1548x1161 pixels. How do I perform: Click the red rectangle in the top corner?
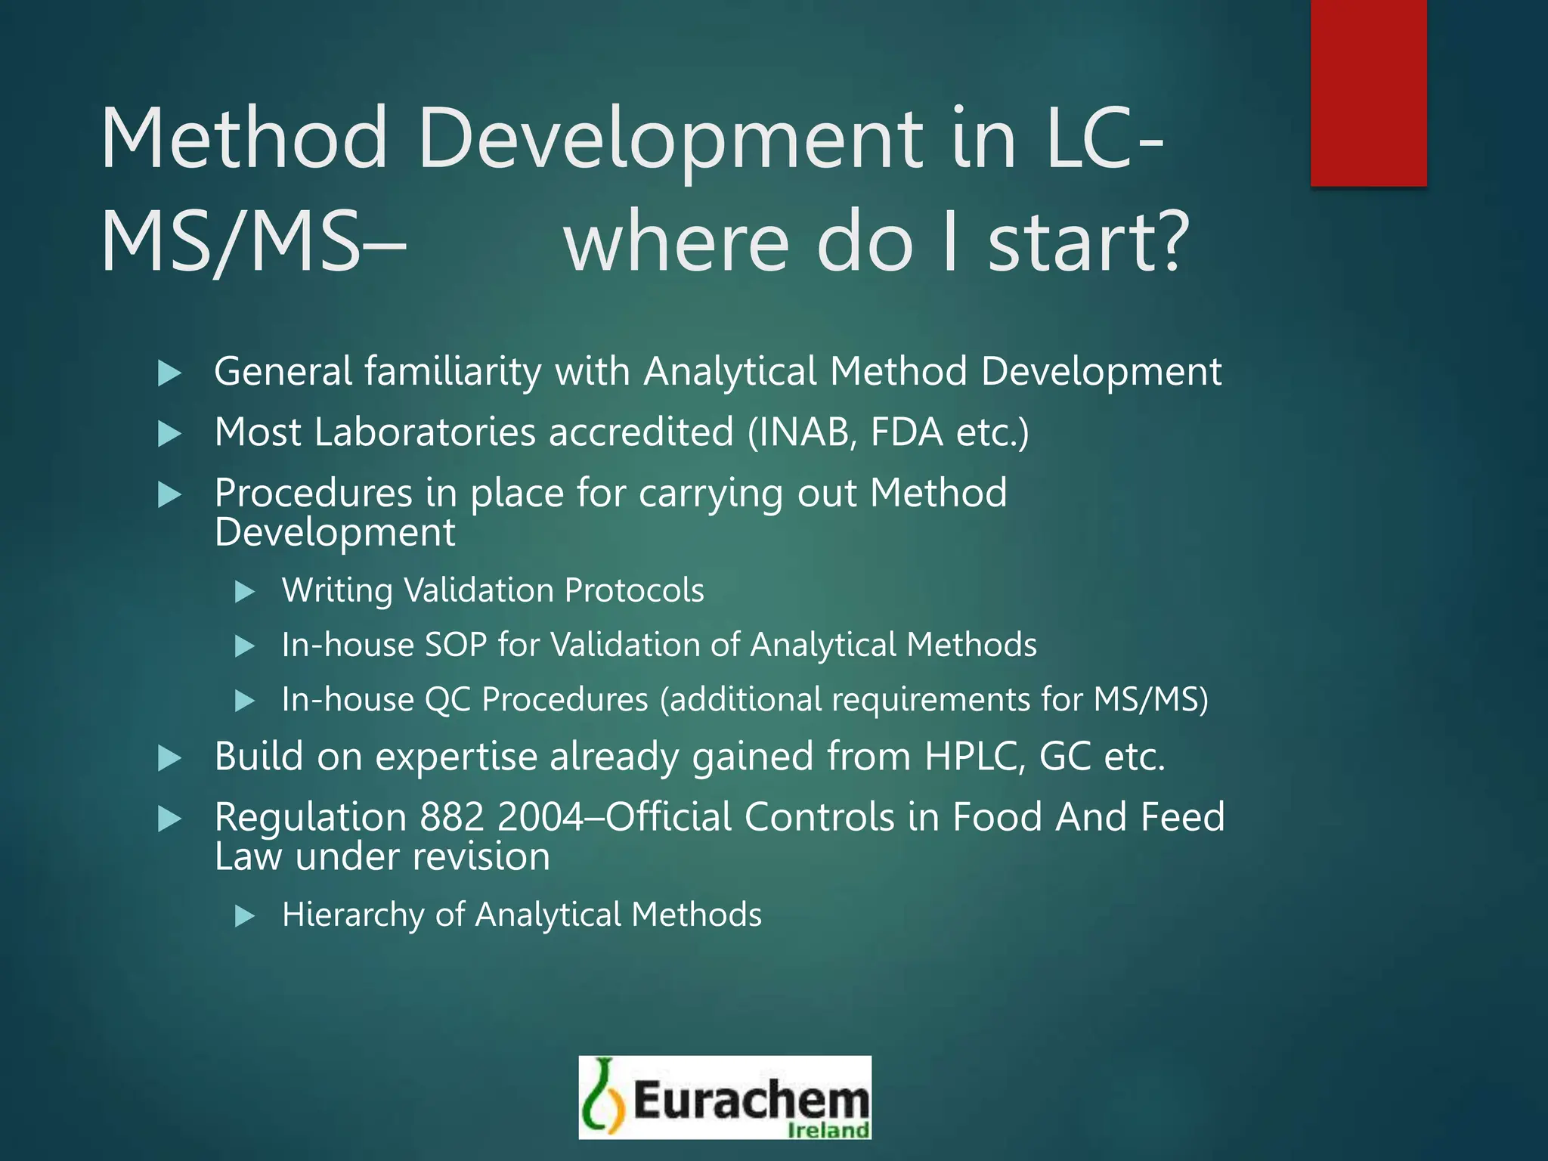coord(1368,92)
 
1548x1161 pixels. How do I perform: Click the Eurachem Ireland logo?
coord(725,1097)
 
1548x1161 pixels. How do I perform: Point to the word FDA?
coord(906,432)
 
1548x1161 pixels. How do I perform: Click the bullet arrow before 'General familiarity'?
coord(169,373)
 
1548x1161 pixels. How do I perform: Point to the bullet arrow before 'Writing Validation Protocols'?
coord(244,592)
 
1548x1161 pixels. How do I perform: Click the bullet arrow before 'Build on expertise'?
coord(169,758)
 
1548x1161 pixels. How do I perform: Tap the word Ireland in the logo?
coord(828,1130)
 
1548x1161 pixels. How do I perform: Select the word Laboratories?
coord(425,432)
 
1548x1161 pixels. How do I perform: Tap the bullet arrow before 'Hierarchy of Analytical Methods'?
coord(244,917)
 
